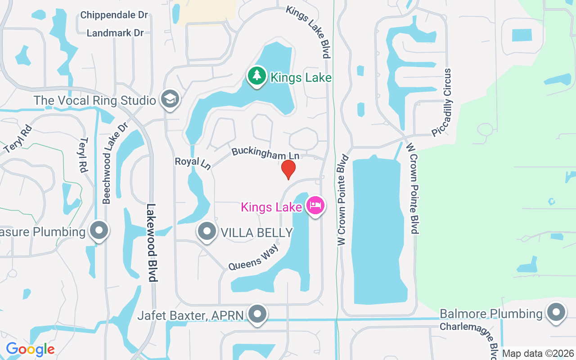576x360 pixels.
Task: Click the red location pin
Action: [x=288, y=170]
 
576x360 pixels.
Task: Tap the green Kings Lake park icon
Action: [x=257, y=76]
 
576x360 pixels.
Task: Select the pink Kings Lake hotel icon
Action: [x=315, y=206]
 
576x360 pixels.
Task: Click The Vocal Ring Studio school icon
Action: [x=170, y=99]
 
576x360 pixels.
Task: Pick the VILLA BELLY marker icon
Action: [x=207, y=231]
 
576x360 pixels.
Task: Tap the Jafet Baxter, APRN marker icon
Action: [x=258, y=314]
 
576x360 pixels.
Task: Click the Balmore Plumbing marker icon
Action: [x=556, y=312]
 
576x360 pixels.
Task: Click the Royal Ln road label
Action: [x=193, y=163]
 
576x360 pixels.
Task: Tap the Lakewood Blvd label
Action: [x=152, y=243]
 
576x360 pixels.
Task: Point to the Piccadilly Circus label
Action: [x=441, y=103]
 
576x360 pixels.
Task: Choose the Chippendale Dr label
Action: [x=114, y=15]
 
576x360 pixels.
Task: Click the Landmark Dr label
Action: [x=115, y=33]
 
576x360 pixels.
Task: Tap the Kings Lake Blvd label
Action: [x=309, y=31]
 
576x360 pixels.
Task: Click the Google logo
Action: [x=30, y=349]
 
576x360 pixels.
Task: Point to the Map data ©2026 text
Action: [x=538, y=353]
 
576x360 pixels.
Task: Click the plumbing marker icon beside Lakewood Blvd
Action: [x=99, y=231]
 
